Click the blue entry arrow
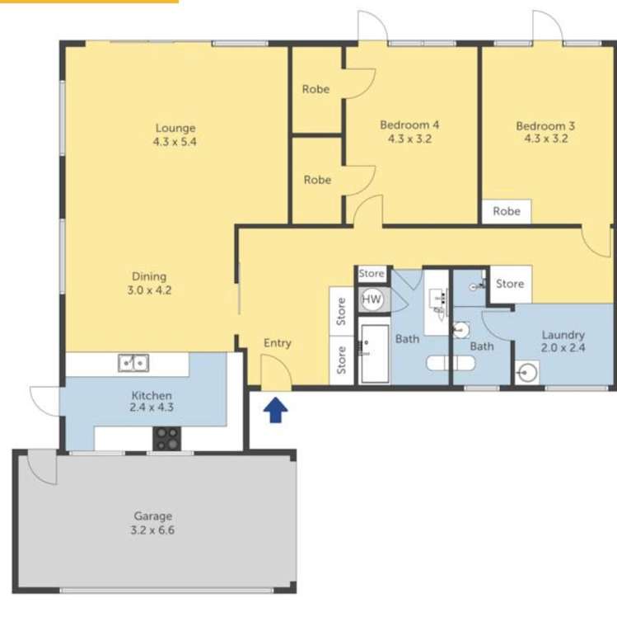click(276, 410)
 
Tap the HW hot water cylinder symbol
click(372, 299)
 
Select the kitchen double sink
click(133, 362)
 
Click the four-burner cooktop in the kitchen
click(166, 438)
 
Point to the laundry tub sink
click(527, 373)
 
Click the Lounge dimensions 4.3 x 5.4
click(175, 142)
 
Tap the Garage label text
click(153, 516)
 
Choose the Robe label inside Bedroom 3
click(507, 211)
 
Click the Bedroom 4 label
click(409, 125)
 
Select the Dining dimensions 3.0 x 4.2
click(149, 290)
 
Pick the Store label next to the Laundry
click(509, 284)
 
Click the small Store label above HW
click(372, 274)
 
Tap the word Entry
click(278, 343)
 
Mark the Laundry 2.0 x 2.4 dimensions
click(563, 349)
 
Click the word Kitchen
click(152, 395)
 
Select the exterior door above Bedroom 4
click(372, 26)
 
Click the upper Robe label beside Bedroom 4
click(316, 89)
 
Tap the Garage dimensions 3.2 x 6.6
click(153, 530)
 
